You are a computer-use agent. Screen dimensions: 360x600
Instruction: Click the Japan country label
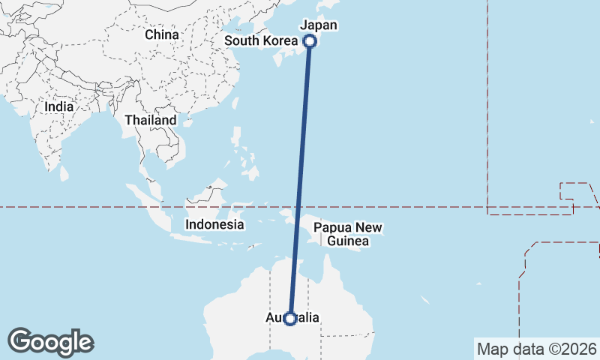tap(319, 25)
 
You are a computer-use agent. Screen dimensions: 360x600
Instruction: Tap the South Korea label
tap(262, 40)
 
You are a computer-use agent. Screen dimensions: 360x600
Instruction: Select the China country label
tap(162, 34)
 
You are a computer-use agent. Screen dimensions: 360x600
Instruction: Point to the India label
tap(59, 106)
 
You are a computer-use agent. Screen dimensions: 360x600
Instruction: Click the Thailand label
tap(151, 120)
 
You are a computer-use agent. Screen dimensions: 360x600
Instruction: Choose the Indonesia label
tap(214, 224)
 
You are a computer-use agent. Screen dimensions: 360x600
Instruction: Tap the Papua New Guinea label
tap(348, 234)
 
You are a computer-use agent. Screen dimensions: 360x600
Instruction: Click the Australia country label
tap(292, 318)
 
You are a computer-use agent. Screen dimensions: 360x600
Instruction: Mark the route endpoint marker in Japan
tap(309, 41)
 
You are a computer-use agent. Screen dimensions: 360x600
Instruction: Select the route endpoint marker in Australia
tap(290, 319)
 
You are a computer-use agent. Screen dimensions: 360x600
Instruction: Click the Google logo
tap(51, 342)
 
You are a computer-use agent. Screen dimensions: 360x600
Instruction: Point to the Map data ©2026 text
tap(536, 349)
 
